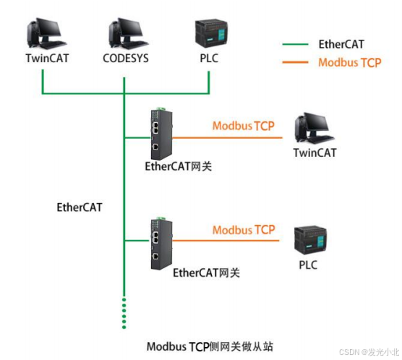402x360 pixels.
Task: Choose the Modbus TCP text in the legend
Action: point(349,63)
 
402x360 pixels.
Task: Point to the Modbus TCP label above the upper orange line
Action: point(243,126)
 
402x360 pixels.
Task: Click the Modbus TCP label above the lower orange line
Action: point(243,230)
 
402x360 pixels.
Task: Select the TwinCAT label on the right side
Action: point(315,153)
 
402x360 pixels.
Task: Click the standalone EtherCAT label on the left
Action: point(80,207)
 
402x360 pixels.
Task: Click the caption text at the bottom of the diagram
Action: point(209,346)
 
